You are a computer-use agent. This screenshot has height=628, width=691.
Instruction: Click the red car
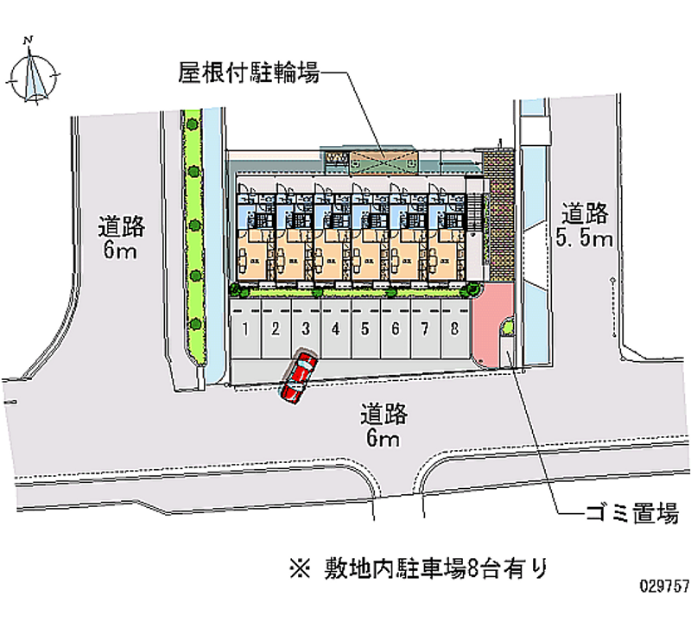tap(298, 375)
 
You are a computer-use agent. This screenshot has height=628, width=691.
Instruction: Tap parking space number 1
tap(246, 328)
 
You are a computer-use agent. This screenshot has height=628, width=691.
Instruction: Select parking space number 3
tap(305, 328)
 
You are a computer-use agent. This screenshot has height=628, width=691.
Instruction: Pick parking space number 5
tap(365, 328)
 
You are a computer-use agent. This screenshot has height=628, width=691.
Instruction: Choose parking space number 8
tap(453, 328)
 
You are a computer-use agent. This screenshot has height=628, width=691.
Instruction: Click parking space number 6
tap(395, 328)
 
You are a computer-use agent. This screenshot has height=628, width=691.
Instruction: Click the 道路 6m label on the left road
tap(121, 238)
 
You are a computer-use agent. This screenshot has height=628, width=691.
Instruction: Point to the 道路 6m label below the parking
tap(384, 425)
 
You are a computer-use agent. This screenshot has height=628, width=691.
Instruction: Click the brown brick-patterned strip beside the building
tap(498, 207)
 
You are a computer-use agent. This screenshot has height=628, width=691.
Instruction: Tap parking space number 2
tap(276, 328)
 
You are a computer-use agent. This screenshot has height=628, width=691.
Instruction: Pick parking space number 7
tap(424, 328)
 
